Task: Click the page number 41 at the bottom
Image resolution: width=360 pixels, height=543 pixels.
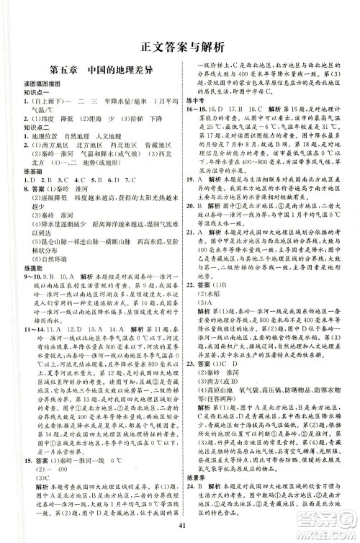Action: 180,519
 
